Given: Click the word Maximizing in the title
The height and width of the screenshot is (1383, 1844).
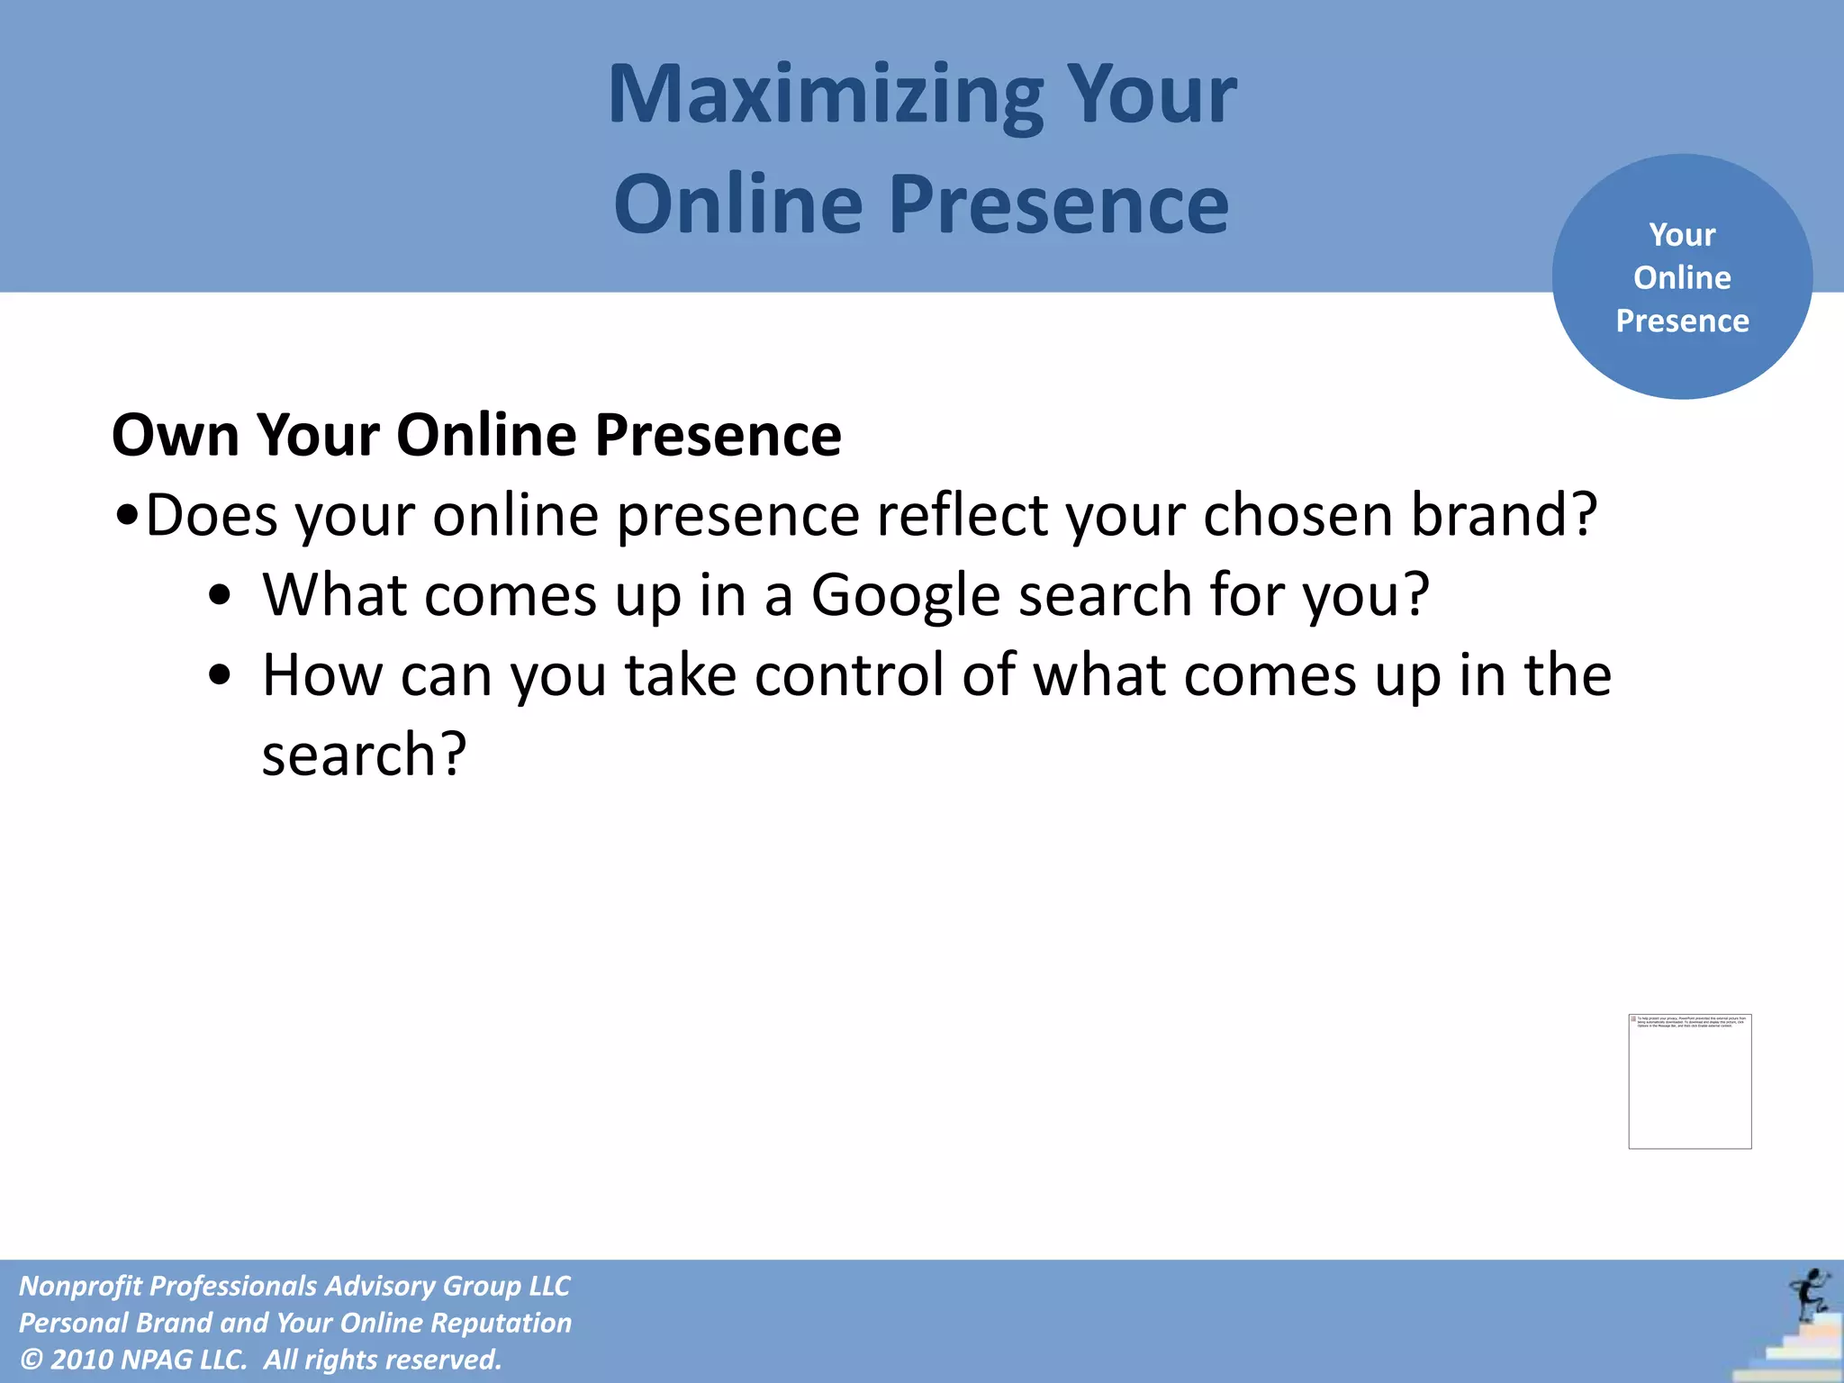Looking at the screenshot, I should pos(825,96).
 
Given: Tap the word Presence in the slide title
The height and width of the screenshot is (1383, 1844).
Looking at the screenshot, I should pos(1059,206).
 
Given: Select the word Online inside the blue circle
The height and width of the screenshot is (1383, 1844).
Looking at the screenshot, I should pos(1682,277).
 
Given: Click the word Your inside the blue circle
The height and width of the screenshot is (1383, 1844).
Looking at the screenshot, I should pos(1682,235).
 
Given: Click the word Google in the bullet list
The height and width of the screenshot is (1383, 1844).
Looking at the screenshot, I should pos(905,596).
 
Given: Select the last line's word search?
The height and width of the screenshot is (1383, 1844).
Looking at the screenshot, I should pos(364,755).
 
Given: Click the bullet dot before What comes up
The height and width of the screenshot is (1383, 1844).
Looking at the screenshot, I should pos(220,596).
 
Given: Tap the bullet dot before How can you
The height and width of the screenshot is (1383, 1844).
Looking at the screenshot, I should pos(220,675).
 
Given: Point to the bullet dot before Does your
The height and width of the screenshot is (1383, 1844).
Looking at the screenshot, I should pos(127,517).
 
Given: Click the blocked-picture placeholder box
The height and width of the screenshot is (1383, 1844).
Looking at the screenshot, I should pos(1689,1081).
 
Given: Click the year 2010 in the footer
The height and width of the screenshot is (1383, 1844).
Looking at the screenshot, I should pos(81,1360).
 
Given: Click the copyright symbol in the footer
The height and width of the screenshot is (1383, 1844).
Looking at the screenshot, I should pos(31,1360).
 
